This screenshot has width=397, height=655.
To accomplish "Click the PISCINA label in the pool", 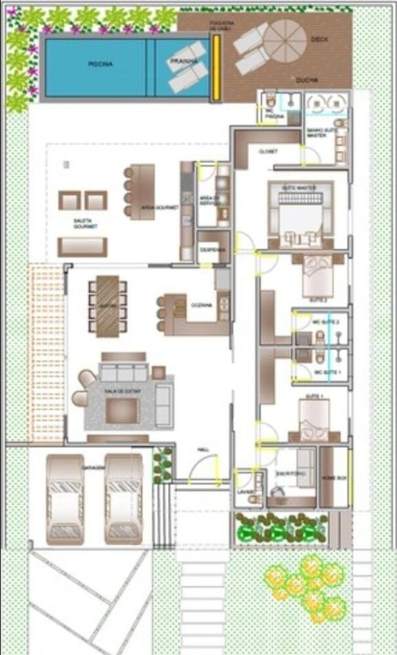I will click(x=100, y=64).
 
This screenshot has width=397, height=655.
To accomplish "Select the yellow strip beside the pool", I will click(x=216, y=67).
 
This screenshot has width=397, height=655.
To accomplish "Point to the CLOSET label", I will click(x=268, y=151).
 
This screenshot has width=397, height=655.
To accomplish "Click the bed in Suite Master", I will click(x=301, y=214).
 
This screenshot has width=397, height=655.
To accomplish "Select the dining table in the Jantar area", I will click(x=108, y=306).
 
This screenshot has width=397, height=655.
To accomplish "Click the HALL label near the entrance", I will click(x=203, y=449).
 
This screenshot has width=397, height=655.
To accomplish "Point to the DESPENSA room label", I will click(x=213, y=250).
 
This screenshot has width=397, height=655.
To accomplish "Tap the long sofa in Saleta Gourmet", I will click(x=82, y=247).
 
